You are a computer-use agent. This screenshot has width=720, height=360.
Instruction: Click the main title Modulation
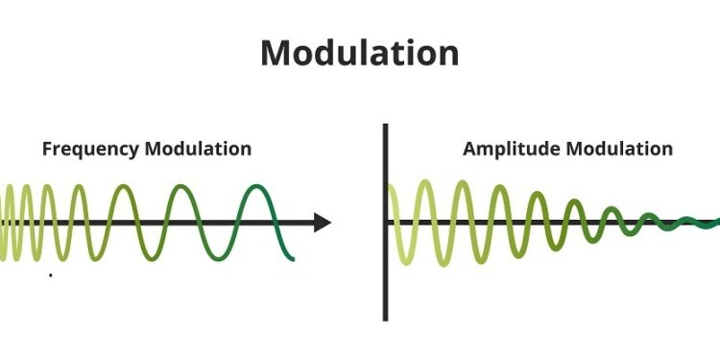(359, 53)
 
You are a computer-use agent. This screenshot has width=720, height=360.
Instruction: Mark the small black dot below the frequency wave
(50, 276)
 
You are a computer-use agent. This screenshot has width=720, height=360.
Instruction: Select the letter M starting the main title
(276, 53)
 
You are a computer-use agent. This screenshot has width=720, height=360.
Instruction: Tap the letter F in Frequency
(46, 150)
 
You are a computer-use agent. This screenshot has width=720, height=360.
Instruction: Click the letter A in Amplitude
(469, 150)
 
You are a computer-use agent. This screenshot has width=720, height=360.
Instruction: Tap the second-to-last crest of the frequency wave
(186, 187)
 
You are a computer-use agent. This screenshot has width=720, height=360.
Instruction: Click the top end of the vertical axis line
(385, 126)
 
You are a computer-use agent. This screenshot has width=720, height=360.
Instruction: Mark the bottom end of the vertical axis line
(385, 319)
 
